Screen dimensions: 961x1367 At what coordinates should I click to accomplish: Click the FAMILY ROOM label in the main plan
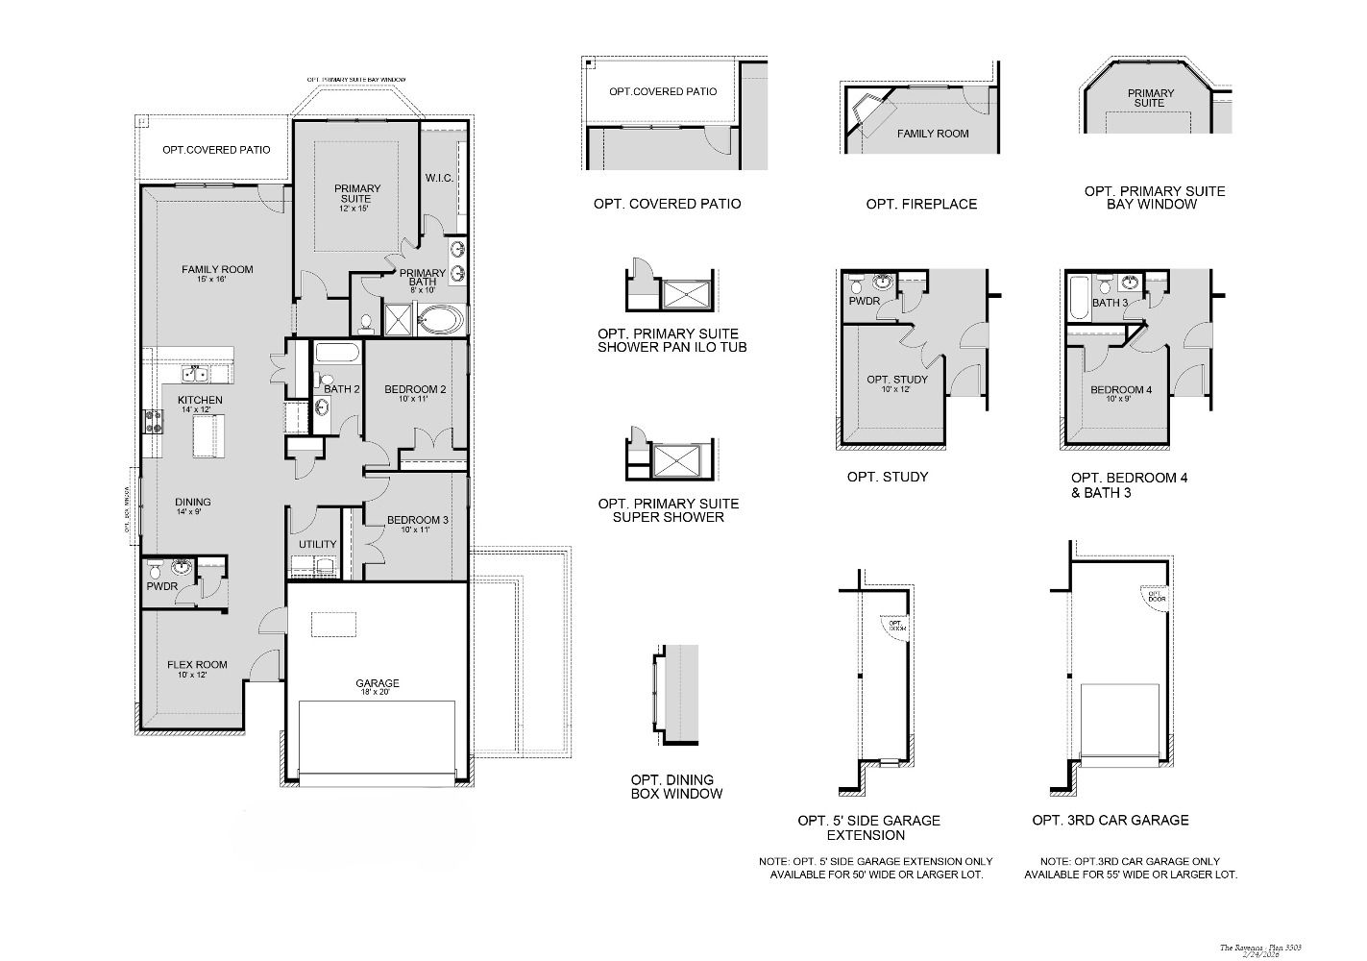[x=217, y=270]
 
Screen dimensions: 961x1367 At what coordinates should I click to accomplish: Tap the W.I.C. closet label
[x=439, y=179]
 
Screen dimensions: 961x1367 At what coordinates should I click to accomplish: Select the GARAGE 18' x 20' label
[x=377, y=684]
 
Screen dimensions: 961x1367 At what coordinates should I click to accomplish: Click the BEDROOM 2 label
[x=415, y=390]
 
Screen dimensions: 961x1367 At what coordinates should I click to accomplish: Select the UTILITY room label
[x=317, y=545]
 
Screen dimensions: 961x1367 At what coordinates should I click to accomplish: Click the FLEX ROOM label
[x=197, y=665]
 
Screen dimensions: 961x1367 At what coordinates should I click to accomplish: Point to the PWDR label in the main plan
[x=161, y=586]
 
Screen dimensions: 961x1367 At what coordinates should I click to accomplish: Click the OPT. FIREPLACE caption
[x=921, y=204]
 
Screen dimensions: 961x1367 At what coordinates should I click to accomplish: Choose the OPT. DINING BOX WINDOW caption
[x=676, y=787]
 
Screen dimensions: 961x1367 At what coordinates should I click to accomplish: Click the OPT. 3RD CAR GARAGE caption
[x=1111, y=821]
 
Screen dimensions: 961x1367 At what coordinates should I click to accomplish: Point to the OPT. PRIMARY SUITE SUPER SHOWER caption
[x=669, y=510]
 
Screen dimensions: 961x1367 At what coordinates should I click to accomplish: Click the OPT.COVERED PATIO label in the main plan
[x=216, y=150]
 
